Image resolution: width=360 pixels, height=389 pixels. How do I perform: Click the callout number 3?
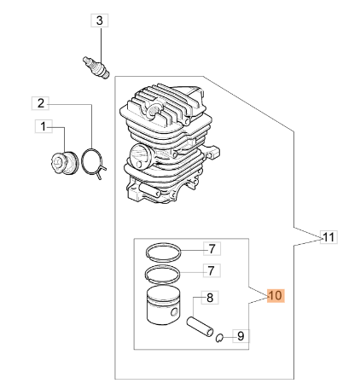pyautogui.click(x=100, y=20)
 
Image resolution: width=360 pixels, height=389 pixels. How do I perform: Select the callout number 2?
pyautogui.click(x=41, y=103)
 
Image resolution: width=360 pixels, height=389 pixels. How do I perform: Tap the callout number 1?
pyautogui.click(x=44, y=126)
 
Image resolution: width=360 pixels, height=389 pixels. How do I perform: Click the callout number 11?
pyautogui.click(x=329, y=237)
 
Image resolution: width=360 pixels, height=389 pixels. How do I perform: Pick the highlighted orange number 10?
pyautogui.click(x=276, y=296)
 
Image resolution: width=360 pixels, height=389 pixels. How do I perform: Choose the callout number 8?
pyautogui.click(x=210, y=298)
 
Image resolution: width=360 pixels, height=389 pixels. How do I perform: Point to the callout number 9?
pyautogui.click(x=241, y=336)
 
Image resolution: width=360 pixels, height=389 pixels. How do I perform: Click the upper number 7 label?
pyautogui.click(x=212, y=249)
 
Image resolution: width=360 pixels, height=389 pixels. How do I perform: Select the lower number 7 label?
pyautogui.click(x=211, y=270)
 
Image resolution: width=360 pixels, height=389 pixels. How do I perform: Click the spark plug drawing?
pyautogui.click(x=96, y=67)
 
